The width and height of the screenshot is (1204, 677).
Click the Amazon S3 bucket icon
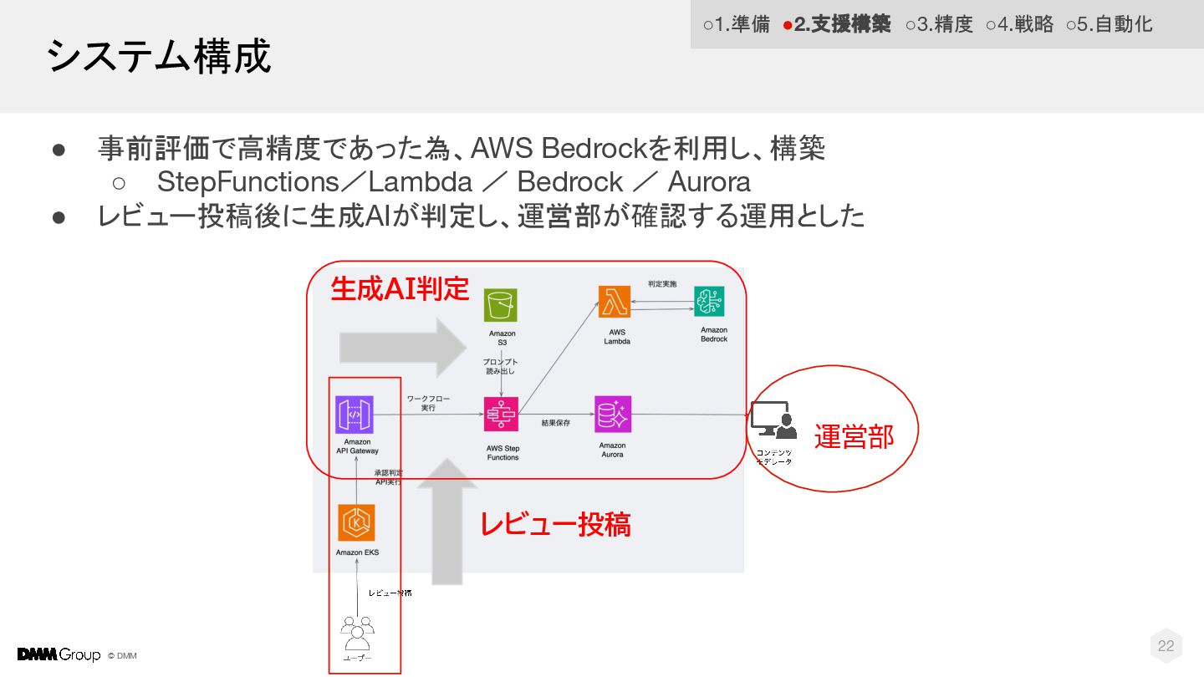501,305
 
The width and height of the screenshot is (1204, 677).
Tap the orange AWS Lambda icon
615,303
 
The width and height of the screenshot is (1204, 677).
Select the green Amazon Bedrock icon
709,303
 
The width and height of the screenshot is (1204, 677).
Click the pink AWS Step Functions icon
502,414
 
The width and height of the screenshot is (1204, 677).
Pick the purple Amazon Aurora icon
613,414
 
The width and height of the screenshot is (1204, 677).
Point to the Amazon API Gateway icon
354,415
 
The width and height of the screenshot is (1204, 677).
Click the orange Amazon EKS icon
356,522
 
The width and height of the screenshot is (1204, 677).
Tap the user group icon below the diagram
357,633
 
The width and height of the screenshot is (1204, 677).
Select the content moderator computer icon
772,420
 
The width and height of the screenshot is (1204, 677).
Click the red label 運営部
854,436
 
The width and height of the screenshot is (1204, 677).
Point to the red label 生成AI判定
400,288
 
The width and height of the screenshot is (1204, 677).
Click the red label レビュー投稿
554,524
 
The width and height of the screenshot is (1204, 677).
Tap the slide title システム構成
159,57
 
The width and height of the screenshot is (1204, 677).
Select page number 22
1166,645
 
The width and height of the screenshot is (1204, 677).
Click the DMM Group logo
59,654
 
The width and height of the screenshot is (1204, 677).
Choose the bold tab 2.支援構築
837,24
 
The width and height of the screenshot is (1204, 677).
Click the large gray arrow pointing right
402,344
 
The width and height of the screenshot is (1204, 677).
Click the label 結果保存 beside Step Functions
556,424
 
